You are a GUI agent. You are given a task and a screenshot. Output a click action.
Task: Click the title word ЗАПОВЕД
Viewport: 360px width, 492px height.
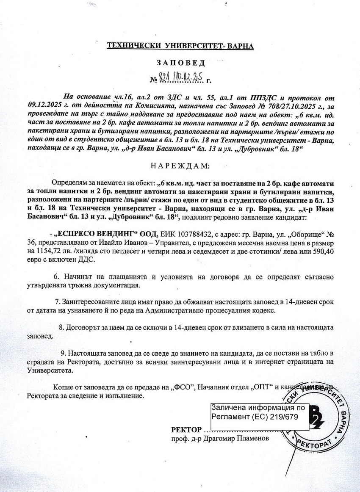click(180, 63)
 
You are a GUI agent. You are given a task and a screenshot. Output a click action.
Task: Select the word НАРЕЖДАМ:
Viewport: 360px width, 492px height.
click(180, 166)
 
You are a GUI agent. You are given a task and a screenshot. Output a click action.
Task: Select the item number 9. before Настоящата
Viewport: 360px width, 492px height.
click(64, 353)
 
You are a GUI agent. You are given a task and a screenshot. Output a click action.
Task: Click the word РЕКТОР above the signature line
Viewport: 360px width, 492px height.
click(186, 430)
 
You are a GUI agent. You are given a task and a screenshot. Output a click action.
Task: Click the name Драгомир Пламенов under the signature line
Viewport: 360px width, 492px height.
click(239, 439)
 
